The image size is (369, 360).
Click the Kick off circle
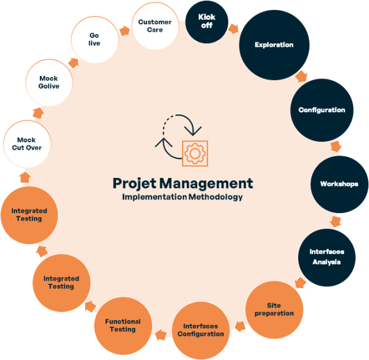click(206, 22)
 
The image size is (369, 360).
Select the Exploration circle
click(274, 45)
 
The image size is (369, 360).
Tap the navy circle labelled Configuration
click(322, 110)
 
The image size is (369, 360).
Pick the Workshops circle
click(340, 184)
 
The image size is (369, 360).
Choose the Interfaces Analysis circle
click(327, 257)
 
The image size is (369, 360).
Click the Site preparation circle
click(274, 310)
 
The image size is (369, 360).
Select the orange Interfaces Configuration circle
click(201, 331)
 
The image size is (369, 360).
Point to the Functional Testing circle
click(123, 325)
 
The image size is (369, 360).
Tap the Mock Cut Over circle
click(27, 144)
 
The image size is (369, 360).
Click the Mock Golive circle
click(49, 82)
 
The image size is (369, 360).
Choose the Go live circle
click(95, 40)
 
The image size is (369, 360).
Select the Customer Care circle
click(155, 26)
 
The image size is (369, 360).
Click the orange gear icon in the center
click(195, 154)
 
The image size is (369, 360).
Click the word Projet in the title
click(134, 184)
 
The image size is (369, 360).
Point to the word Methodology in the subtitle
click(216, 197)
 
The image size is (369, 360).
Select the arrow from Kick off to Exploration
click(233, 29)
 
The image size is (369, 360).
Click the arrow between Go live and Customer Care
click(125, 31)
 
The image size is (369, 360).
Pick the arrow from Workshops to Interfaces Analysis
click(336, 222)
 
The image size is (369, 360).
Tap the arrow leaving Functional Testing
click(91, 306)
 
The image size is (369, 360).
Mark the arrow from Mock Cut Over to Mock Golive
click(38, 113)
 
